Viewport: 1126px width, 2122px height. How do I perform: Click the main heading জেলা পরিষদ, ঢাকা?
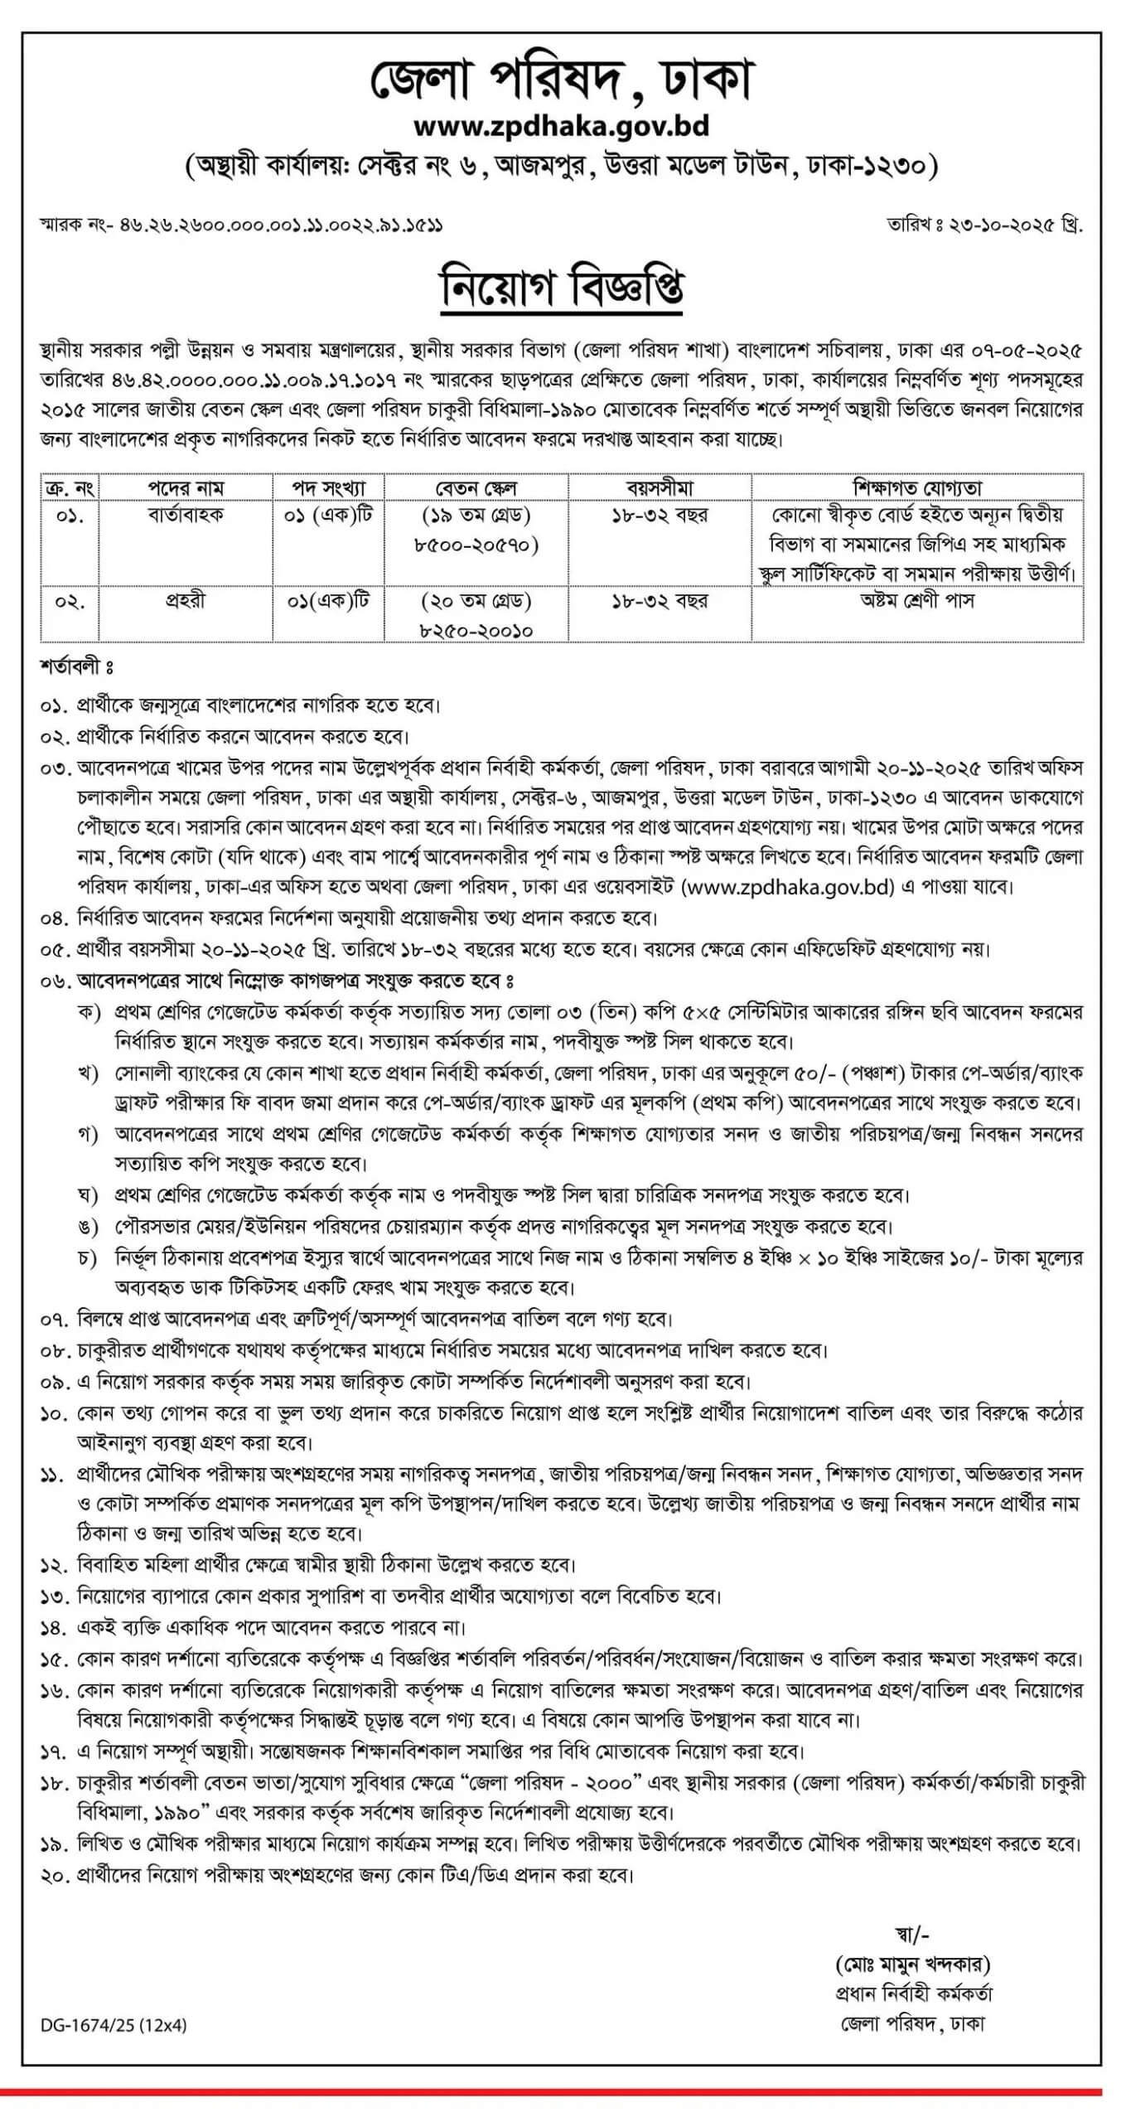coord(562,80)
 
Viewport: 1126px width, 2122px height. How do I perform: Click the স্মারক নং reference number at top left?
coord(241,225)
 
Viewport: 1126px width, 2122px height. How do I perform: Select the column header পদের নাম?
coord(186,487)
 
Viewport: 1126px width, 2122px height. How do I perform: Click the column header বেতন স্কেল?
coord(476,487)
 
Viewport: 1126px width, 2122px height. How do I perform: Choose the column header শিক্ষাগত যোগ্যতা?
coord(917,487)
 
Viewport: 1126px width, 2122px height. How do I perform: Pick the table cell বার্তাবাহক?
coord(186,516)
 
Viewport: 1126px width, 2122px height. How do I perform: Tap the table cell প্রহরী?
coord(186,601)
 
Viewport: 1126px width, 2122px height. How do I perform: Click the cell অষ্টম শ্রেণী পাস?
coord(917,601)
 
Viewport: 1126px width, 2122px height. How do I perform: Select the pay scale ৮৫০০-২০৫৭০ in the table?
coord(476,545)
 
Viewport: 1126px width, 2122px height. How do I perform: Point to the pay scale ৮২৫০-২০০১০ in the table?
coord(476,631)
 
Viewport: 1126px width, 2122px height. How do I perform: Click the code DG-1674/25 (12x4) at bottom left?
coord(114,2025)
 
